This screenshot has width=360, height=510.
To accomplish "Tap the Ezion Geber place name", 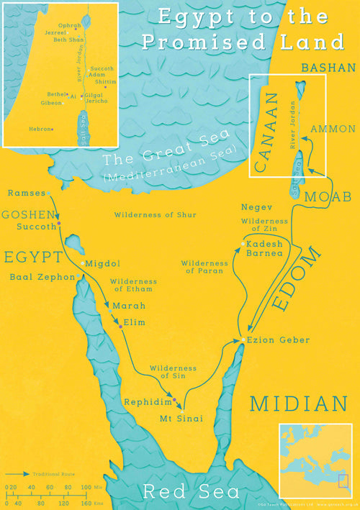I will tap(269, 340).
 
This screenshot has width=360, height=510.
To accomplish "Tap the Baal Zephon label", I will tap(42, 277).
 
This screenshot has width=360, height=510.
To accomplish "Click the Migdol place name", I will tap(102, 264).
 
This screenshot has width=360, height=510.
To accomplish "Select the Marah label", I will tap(123, 306).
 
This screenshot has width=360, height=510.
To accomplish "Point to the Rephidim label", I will tap(146, 401).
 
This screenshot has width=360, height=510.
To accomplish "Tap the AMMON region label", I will tap(332, 129).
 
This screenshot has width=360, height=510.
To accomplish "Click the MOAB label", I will tap(328, 196).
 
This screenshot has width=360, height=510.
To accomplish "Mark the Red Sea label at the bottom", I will tap(191, 493).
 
